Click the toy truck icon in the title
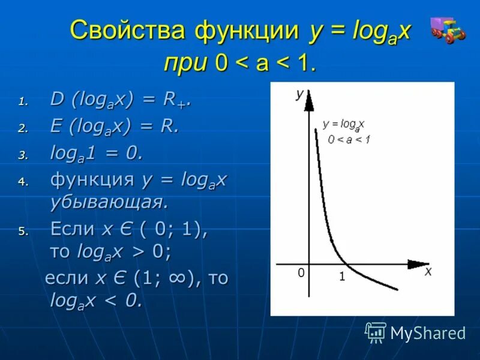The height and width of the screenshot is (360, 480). (x=448, y=30)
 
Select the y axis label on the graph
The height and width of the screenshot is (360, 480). (x=299, y=94)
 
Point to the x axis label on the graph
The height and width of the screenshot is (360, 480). (x=428, y=271)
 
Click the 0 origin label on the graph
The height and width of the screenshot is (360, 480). (x=302, y=273)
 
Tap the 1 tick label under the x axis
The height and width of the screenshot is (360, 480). (x=342, y=277)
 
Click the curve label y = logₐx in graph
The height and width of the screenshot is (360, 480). (x=344, y=124)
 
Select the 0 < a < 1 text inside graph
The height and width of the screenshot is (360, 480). (x=349, y=139)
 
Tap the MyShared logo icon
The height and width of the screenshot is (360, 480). (x=376, y=332)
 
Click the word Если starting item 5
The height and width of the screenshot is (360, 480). (x=73, y=229)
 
